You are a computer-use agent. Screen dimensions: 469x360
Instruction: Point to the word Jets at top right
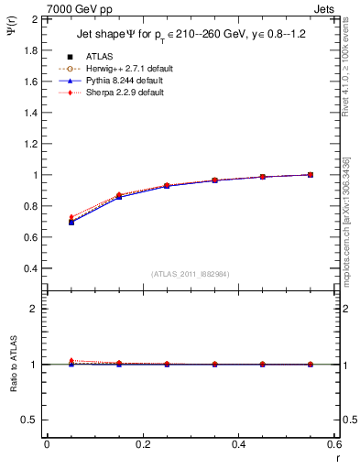pyautogui.click(x=326, y=8)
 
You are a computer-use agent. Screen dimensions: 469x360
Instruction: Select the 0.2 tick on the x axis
pyautogui.click(x=142, y=443)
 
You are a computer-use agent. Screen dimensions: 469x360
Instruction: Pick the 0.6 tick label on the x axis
pyautogui.click(x=334, y=443)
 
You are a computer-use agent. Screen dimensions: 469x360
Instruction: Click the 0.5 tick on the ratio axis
pyautogui.click(x=31, y=419)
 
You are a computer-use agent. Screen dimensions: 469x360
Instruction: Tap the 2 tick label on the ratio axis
pyautogui.click(x=35, y=309)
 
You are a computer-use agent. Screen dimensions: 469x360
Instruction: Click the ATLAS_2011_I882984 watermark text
pyautogui.click(x=191, y=274)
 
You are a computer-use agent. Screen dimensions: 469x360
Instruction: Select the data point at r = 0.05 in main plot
pyautogui.click(x=71, y=222)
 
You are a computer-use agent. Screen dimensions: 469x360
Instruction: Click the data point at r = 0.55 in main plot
pyautogui.click(x=311, y=174)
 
